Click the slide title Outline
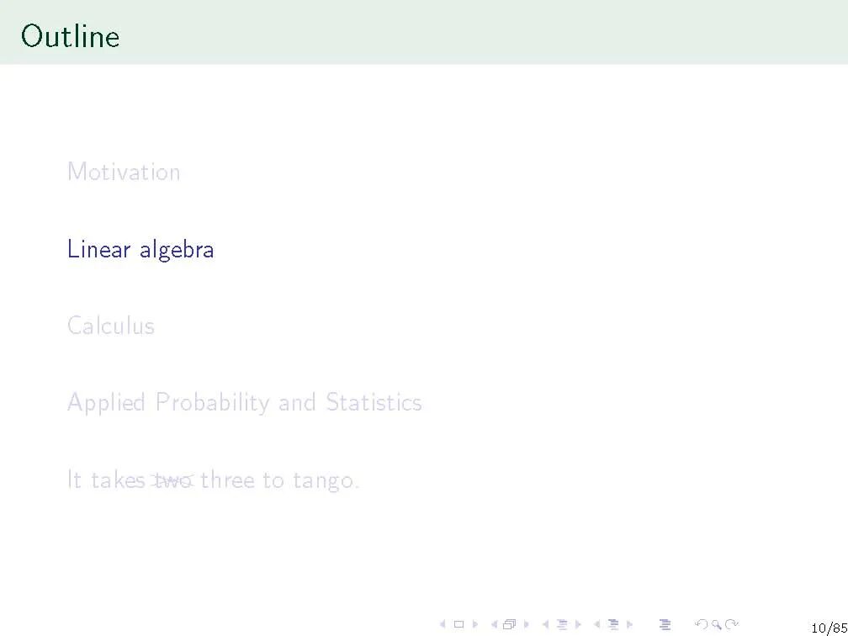[71, 37]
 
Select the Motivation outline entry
[124, 172]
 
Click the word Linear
[99, 249]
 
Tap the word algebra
[177, 251]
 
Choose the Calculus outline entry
[111, 326]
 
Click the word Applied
[107, 403]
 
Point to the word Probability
[213, 403]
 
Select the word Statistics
[374, 402]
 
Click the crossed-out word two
[172, 480]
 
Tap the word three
[227, 480]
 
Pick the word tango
[326, 481]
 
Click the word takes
[118, 480]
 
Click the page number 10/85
[829, 628]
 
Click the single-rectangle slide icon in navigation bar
[458, 624]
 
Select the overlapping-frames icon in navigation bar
[509, 624]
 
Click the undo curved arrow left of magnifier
[702, 624]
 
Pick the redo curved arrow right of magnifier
[732, 624]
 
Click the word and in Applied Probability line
[297, 403]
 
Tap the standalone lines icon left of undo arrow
[665, 624]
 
